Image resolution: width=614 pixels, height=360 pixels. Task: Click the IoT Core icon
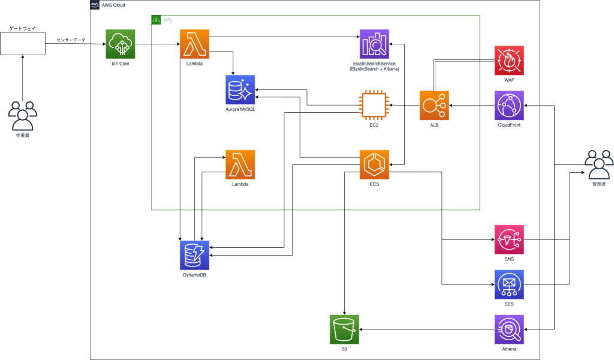click(x=121, y=44)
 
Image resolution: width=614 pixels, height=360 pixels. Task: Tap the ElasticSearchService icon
click(x=374, y=44)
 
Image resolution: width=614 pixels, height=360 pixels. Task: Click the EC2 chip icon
click(x=374, y=105)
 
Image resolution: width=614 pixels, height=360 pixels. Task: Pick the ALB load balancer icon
click(x=434, y=105)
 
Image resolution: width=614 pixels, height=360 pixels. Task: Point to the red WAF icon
click(x=509, y=60)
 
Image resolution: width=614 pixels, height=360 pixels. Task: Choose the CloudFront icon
click(x=509, y=105)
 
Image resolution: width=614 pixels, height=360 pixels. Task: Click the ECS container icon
click(x=374, y=164)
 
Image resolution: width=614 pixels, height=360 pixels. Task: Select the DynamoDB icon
click(x=195, y=254)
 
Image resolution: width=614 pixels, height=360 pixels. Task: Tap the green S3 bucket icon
click(x=344, y=329)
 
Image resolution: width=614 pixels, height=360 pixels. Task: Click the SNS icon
click(x=509, y=239)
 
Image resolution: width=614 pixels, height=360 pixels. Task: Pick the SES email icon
click(x=509, y=284)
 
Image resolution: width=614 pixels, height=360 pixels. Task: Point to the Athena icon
click(x=509, y=329)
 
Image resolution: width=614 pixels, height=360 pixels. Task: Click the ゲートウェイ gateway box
click(x=22, y=43)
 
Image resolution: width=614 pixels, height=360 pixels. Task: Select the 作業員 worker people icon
click(x=22, y=115)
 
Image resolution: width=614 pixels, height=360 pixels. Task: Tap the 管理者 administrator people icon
click(x=599, y=164)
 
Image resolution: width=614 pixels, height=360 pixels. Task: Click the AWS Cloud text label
click(x=115, y=5)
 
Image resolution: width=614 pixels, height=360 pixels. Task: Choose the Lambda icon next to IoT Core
click(x=195, y=44)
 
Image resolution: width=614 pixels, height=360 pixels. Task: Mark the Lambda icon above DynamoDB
click(x=240, y=164)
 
